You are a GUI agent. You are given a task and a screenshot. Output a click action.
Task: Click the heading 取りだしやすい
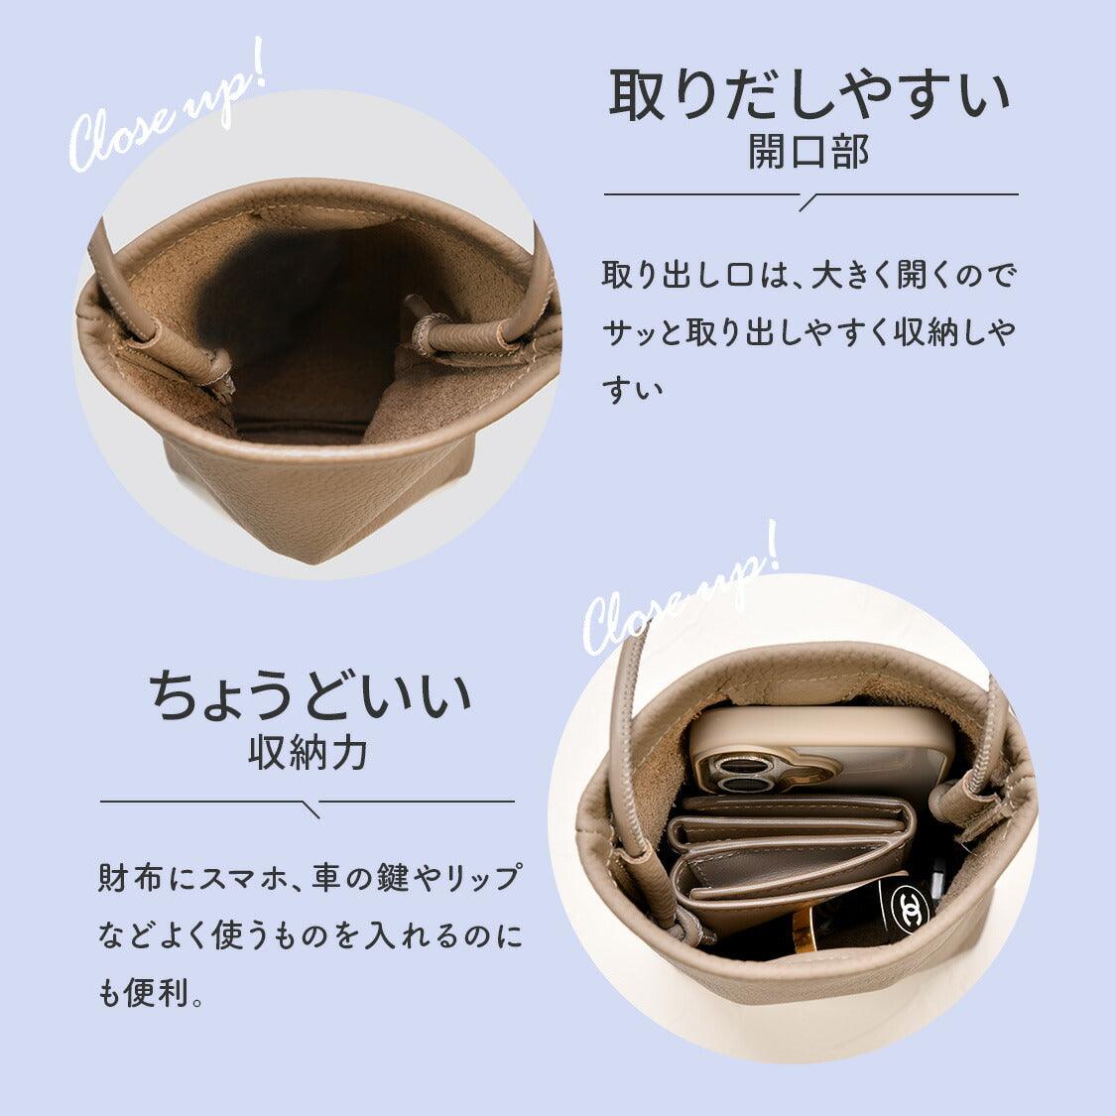point(809,95)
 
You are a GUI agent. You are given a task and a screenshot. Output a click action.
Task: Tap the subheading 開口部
point(808,152)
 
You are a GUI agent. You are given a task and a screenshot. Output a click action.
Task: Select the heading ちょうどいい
point(310,694)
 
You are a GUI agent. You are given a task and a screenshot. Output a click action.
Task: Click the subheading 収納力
point(309,752)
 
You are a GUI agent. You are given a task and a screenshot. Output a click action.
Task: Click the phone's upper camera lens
point(735,767)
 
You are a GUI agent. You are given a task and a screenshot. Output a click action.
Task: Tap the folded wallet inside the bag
point(787,858)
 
